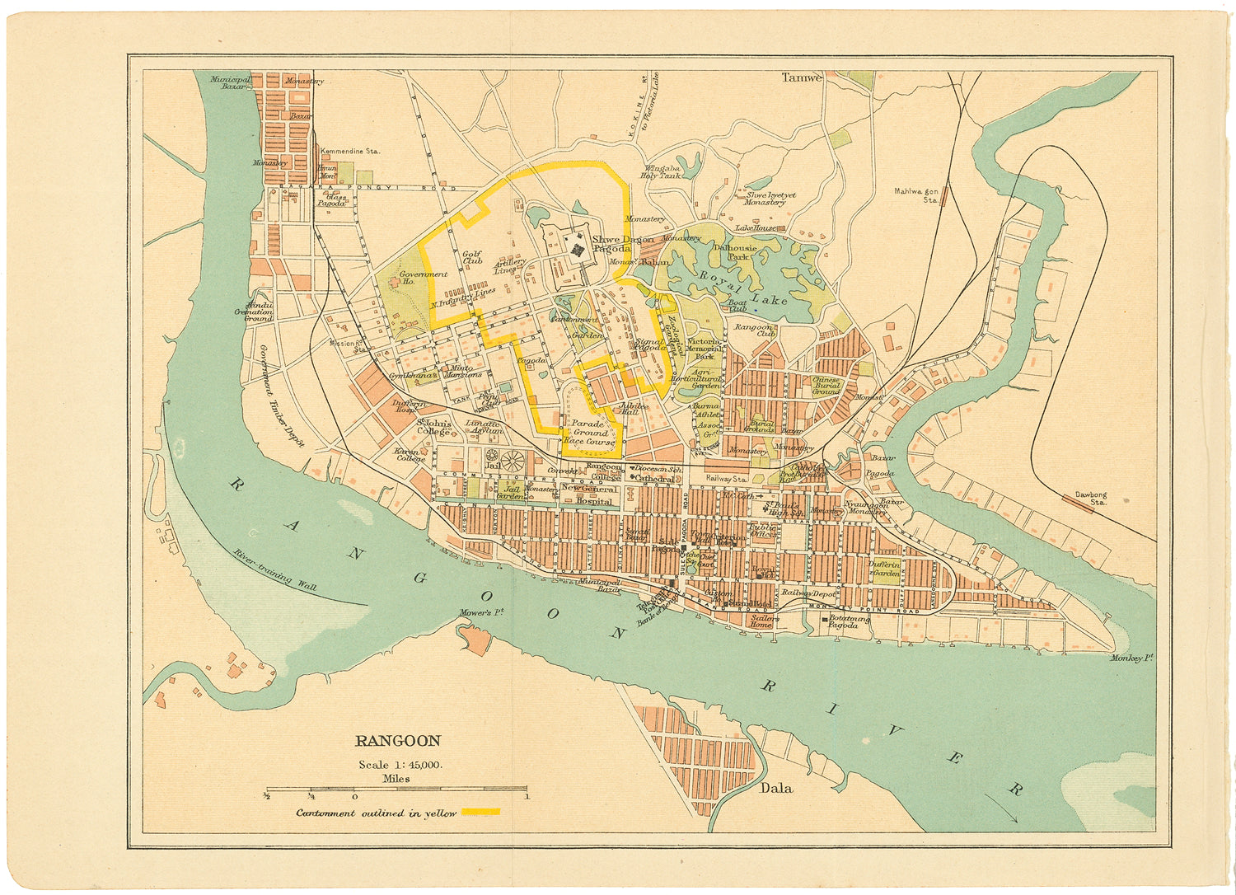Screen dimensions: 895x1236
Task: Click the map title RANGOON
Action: (x=398, y=741)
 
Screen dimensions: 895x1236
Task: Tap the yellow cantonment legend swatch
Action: (x=480, y=812)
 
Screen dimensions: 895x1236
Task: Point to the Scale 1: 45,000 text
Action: (x=400, y=764)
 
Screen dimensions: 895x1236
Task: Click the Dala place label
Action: (x=775, y=788)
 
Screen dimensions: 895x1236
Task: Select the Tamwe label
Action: (x=801, y=77)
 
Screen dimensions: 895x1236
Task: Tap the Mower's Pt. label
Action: (x=482, y=613)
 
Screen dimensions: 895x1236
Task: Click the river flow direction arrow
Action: (x=1002, y=808)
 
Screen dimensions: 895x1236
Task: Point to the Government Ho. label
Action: (x=423, y=278)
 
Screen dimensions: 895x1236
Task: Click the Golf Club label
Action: (x=472, y=258)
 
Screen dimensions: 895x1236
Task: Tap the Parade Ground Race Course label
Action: (x=590, y=433)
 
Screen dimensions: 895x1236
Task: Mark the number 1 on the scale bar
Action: (x=526, y=796)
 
